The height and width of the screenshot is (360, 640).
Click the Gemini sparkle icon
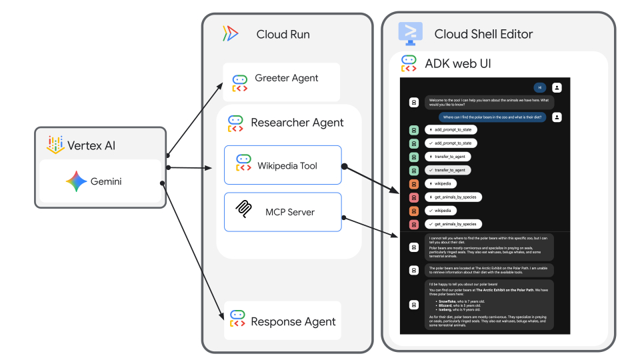(76, 181)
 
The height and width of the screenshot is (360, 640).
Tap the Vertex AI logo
(55, 145)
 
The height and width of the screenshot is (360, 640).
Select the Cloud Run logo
(231, 34)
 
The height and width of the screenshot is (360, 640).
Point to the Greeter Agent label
(287, 78)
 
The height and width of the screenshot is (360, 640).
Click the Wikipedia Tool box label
(287, 165)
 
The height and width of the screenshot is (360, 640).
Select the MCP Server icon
(245, 211)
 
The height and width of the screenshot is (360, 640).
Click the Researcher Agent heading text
(297, 123)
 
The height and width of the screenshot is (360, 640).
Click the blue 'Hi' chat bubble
(540, 87)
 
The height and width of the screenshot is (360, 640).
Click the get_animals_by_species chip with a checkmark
(453, 224)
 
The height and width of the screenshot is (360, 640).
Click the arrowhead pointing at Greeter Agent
(225, 85)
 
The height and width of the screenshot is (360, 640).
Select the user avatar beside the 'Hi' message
(557, 87)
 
